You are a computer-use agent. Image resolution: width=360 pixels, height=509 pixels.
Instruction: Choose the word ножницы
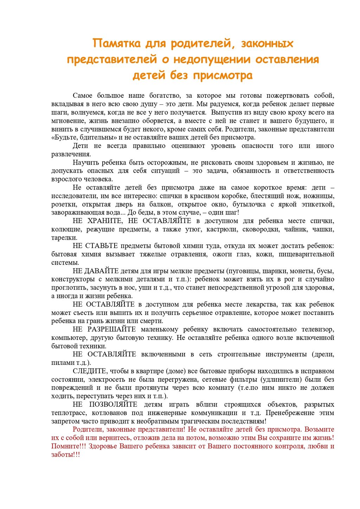(x=319, y=196)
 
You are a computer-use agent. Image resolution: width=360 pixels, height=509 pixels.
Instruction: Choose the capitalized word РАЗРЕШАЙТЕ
(x=111, y=329)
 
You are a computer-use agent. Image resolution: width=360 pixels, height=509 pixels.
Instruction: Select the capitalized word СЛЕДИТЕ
(x=89, y=371)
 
